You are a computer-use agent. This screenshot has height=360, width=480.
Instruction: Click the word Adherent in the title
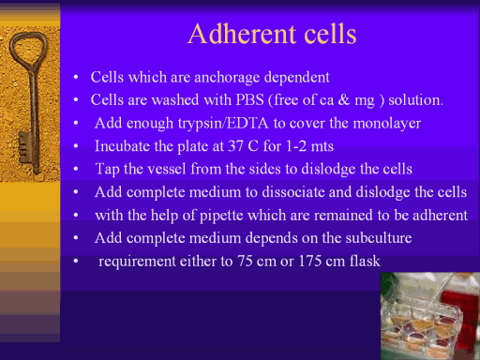pyautogui.click(x=243, y=34)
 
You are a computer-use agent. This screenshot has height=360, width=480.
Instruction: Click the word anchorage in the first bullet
pyautogui.click(x=227, y=78)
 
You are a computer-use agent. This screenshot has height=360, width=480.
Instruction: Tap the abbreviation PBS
pyautogui.click(x=249, y=100)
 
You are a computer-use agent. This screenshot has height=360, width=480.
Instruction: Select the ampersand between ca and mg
pyautogui.click(x=344, y=100)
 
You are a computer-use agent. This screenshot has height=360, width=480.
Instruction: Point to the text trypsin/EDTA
pyautogui.click(x=223, y=124)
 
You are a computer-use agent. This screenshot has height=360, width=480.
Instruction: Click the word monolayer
pyautogui.click(x=387, y=124)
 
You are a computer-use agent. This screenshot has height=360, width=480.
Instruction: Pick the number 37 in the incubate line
pyautogui.click(x=235, y=146)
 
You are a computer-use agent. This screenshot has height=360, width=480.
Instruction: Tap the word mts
pyautogui.click(x=322, y=146)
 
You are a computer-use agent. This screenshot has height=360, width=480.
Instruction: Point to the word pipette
pyautogui.click(x=221, y=216)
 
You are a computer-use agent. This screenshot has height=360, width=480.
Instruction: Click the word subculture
pyautogui.click(x=379, y=238)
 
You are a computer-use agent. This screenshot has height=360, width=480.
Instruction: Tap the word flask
pyautogui.click(x=365, y=261)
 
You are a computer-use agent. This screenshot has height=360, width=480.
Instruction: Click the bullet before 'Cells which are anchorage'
pyautogui.click(x=76, y=77)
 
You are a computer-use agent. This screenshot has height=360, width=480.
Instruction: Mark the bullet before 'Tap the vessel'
pyautogui.click(x=76, y=169)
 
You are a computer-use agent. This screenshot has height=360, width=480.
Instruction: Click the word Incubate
pyautogui.click(x=122, y=146)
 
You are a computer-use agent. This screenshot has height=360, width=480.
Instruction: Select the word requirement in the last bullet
pyautogui.click(x=137, y=262)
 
